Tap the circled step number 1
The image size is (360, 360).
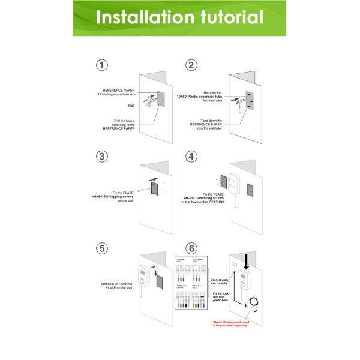click(103, 65)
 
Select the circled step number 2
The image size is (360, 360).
click(191, 65)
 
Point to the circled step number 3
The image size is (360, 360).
click(103, 157)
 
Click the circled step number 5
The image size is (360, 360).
click(103, 247)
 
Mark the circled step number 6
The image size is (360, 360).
click(191, 247)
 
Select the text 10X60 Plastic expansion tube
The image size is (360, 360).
click(198, 96)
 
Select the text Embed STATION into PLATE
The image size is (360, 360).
click(118, 286)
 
